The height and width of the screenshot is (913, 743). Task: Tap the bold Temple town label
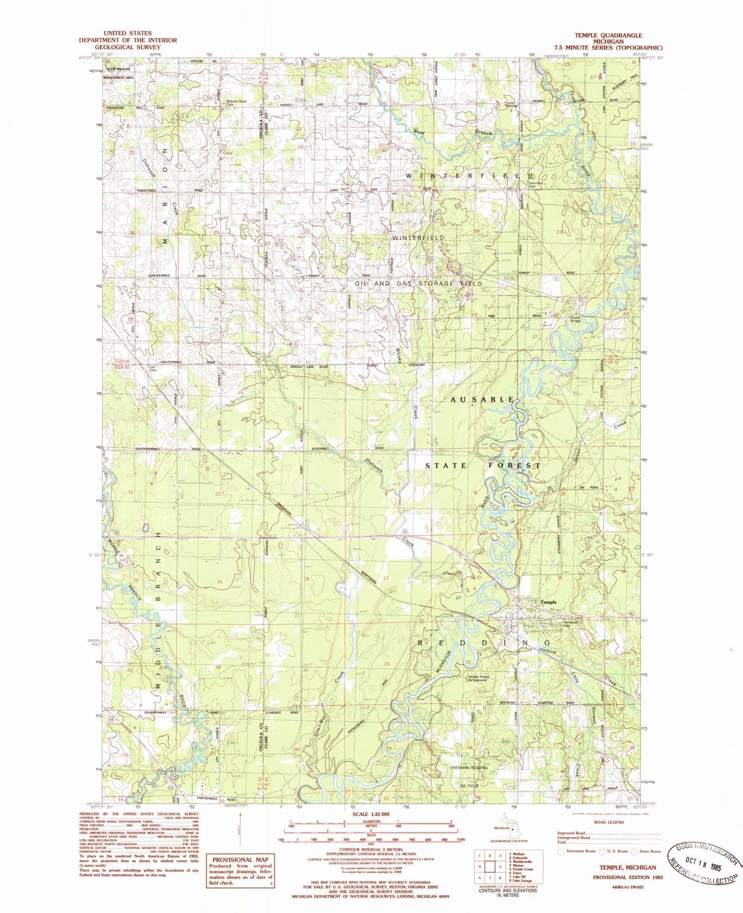[x=548, y=601]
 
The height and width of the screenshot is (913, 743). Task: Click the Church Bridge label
[x=575, y=320]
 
